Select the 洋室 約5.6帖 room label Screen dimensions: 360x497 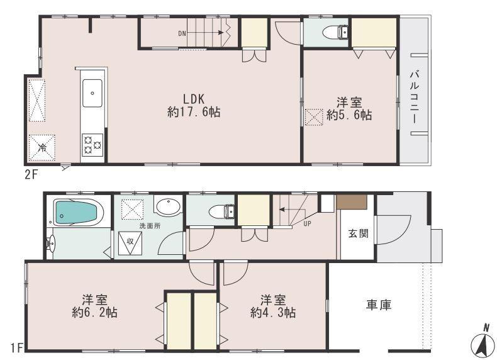[x=349, y=108]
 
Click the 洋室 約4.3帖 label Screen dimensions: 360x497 [x=273, y=305]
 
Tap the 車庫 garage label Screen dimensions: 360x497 [x=379, y=305]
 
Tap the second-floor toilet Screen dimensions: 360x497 [x=331, y=31]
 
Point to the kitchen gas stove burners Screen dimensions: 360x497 [x=92, y=145]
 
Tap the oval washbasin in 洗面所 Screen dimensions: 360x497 [x=167, y=208]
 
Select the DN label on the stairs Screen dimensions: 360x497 [x=182, y=33]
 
